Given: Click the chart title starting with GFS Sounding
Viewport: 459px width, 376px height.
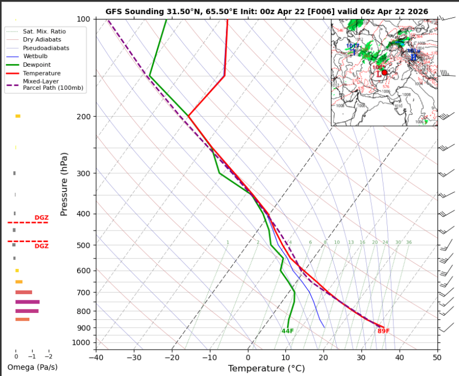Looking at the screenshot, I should tap(266, 11).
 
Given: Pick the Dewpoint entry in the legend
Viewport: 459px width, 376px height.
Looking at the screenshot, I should tap(34, 65).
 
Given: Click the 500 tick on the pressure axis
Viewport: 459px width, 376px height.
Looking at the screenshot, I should tap(83, 245).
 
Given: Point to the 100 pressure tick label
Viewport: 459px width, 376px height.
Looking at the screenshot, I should tap(83, 19).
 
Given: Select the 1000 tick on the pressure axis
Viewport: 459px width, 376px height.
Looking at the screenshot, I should tap(82, 343).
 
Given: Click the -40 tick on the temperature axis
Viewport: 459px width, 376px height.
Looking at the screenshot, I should tap(96, 358).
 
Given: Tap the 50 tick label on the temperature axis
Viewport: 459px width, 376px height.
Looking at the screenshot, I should tap(437, 358).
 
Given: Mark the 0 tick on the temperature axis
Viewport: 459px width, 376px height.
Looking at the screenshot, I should tap(248, 358).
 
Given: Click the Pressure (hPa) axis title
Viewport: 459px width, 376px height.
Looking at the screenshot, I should tap(64, 184).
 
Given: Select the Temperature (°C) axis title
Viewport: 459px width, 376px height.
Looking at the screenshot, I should tap(266, 369).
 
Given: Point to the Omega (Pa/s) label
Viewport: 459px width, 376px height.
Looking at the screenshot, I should tap(33, 367).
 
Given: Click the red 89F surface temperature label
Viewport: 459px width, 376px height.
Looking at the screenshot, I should tap(383, 331).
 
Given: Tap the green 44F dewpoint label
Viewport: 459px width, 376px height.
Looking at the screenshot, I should tap(287, 331).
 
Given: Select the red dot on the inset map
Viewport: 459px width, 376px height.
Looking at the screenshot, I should tap(385, 72).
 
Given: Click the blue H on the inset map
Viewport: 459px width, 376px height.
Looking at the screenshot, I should tap(413, 57).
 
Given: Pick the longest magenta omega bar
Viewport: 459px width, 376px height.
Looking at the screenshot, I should tap(27, 302).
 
